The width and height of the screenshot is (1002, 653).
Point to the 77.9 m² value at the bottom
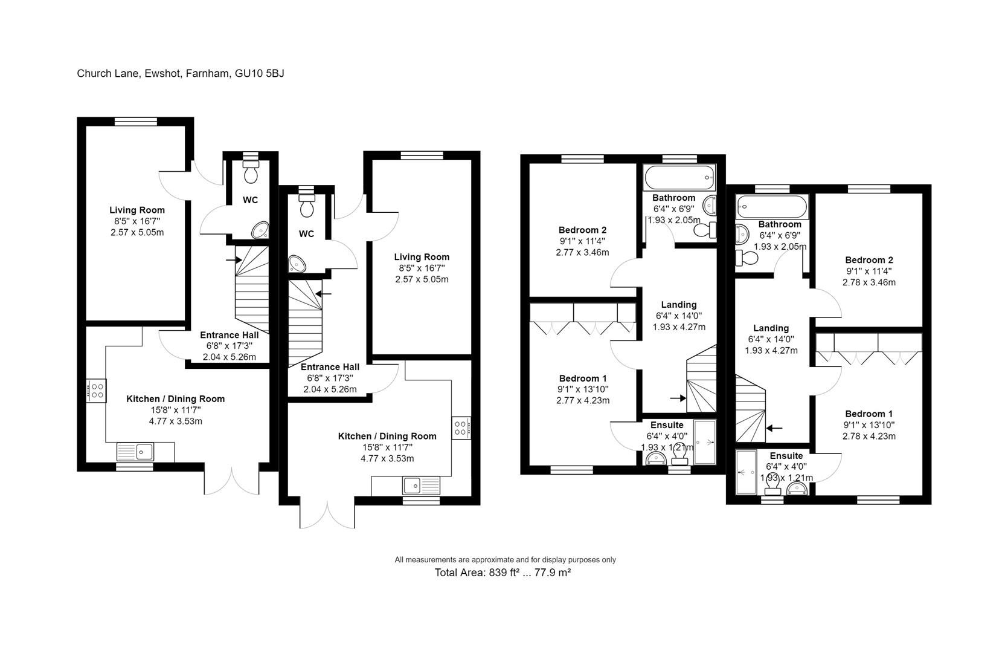pyautogui.click(x=551, y=572)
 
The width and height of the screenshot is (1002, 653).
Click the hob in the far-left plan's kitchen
pyautogui.click(x=95, y=390)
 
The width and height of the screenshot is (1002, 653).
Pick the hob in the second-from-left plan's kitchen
pyautogui.click(x=460, y=428)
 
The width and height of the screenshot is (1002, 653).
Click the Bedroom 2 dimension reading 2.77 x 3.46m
pyautogui.click(x=582, y=252)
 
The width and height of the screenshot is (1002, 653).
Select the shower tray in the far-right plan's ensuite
pyautogui.click(x=746, y=472)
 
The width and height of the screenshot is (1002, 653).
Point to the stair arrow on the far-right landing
pyautogui.click(x=774, y=428)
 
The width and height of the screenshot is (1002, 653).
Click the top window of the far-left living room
pyautogui.click(x=135, y=122)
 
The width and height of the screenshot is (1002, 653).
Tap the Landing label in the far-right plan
pyautogui.click(x=771, y=328)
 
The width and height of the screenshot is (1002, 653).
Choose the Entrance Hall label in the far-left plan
pyautogui.click(x=229, y=335)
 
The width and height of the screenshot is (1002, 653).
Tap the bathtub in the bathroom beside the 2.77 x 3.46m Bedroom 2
pyautogui.click(x=679, y=178)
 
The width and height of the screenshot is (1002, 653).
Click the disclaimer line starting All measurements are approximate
pyautogui.click(x=505, y=560)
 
